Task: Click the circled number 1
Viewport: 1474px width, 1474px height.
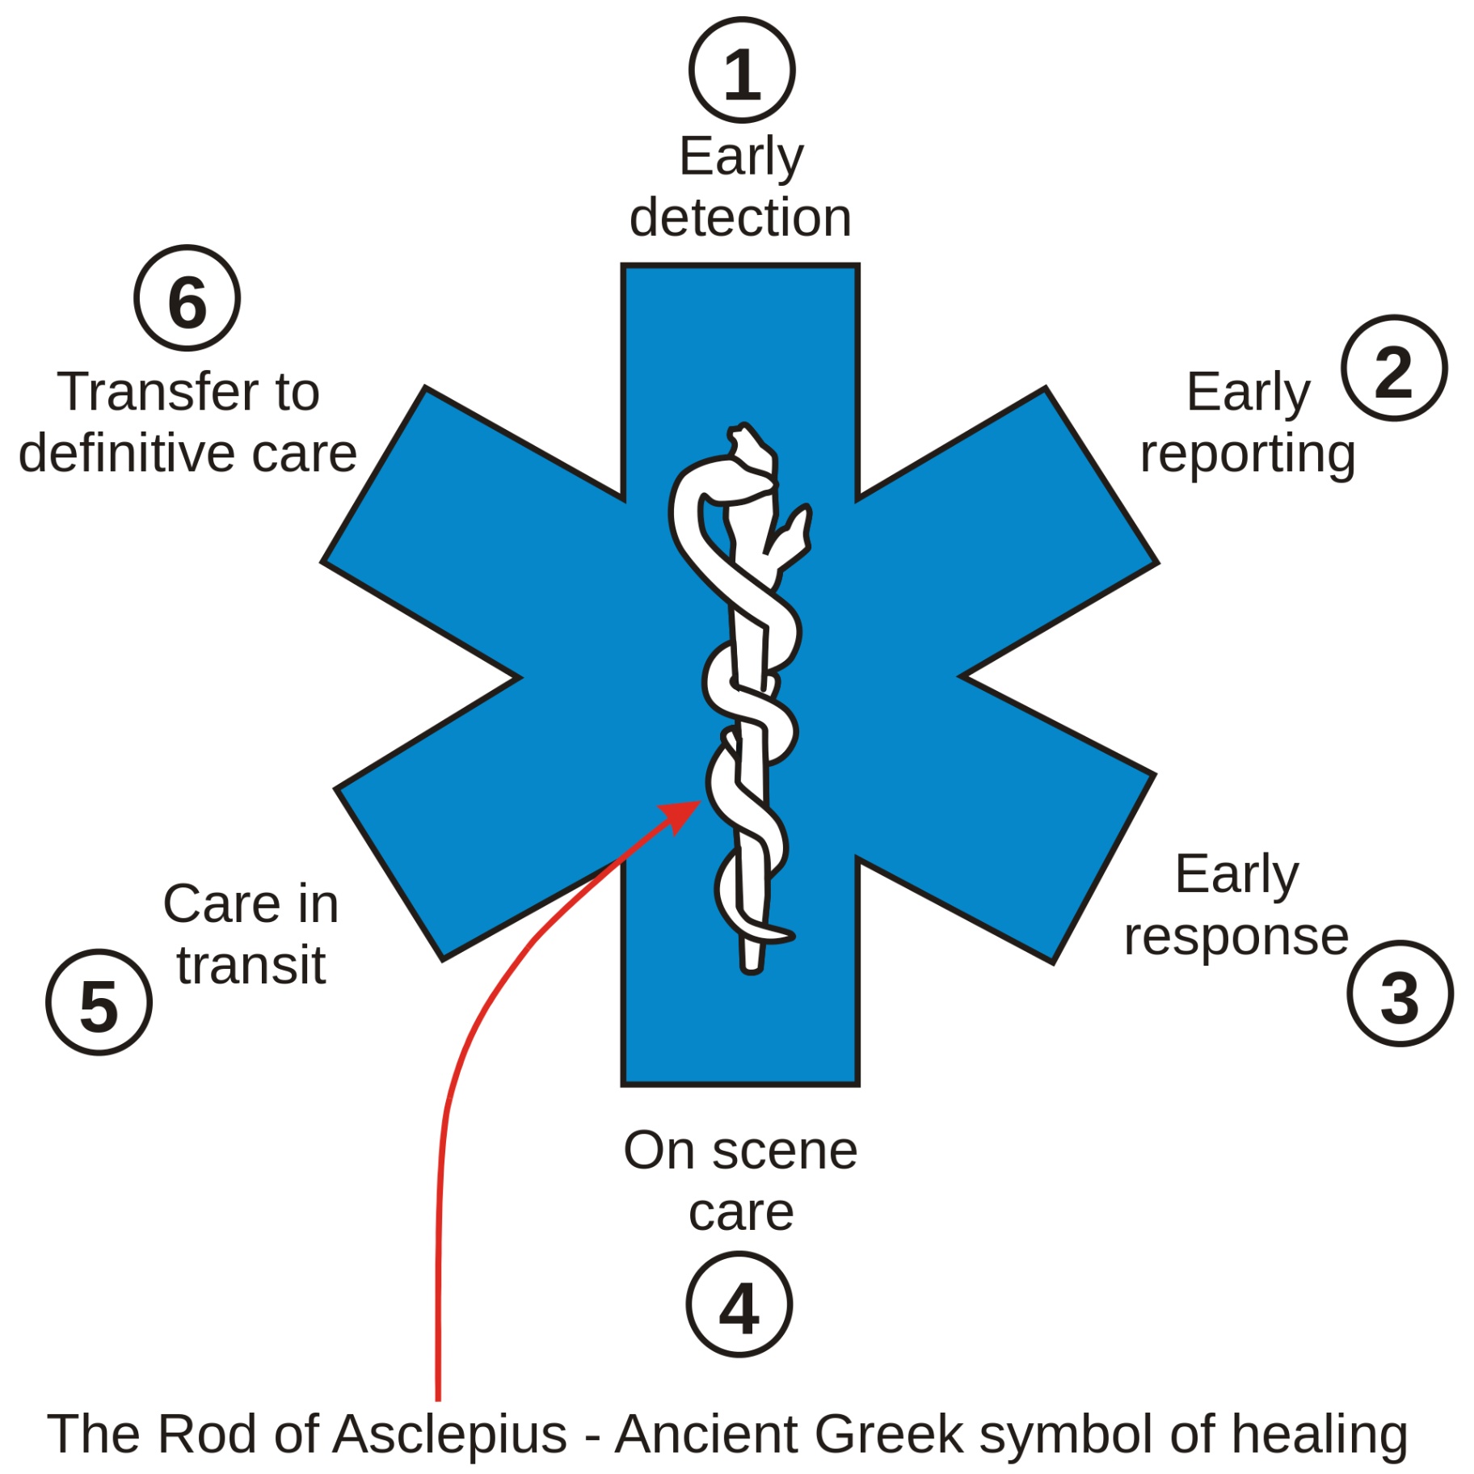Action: tap(741, 70)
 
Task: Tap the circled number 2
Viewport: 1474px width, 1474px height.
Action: tap(1393, 368)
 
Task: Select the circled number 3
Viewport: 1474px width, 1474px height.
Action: tap(1400, 993)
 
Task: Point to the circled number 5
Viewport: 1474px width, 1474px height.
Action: tap(99, 1002)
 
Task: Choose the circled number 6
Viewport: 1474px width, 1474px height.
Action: tap(187, 298)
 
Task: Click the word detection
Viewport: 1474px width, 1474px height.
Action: tap(740, 217)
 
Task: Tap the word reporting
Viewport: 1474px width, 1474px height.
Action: tap(1247, 454)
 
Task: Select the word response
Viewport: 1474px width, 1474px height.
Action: tap(1236, 937)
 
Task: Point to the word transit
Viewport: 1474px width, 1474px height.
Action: tap(251, 965)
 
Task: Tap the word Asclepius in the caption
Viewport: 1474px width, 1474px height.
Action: tap(450, 1436)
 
